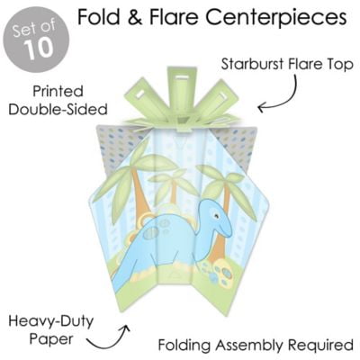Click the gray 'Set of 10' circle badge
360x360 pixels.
(36, 40)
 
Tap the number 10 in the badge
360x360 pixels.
(40, 49)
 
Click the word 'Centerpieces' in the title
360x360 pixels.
(276, 17)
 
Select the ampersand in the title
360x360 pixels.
(132, 17)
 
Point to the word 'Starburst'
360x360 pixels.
(252, 64)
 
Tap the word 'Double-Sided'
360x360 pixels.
(58, 109)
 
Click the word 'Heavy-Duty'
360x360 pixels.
(51, 321)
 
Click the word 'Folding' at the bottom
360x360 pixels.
(184, 346)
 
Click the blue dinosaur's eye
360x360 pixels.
(215, 215)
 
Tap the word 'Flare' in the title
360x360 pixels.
(175, 17)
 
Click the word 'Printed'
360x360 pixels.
(58, 92)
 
